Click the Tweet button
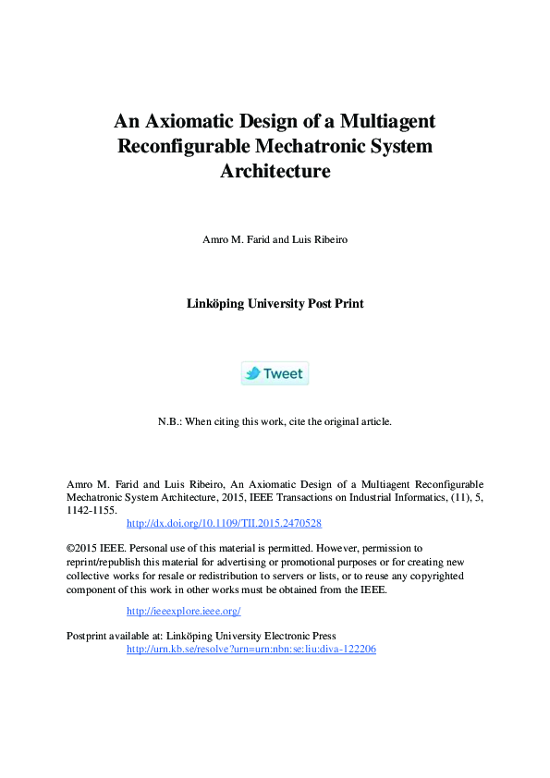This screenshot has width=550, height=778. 275,373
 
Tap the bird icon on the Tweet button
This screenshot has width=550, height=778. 252,373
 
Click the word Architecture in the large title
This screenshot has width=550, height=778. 275,171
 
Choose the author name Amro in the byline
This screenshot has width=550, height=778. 214,239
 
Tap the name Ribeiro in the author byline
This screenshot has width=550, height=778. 327,239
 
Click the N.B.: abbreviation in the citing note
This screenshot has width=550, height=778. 170,421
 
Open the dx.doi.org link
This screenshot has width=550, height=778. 224,523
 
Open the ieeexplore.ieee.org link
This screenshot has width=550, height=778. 183,611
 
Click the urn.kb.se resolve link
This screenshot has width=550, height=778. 251,649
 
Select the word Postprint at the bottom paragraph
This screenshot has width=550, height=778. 90,636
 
